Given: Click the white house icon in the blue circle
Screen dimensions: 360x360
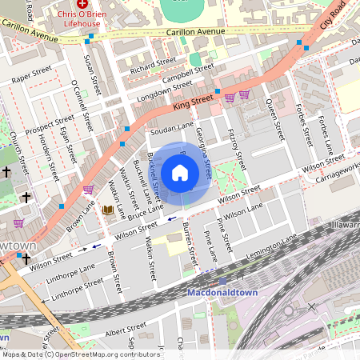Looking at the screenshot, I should click(x=180, y=172).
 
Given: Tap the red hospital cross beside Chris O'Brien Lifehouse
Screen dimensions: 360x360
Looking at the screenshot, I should click(x=82, y=4).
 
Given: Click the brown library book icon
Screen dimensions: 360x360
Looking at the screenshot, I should click(x=107, y=210).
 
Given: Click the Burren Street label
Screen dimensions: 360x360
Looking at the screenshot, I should click(x=190, y=246).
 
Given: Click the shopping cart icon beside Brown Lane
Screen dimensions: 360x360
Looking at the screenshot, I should click(x=88, y=190).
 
